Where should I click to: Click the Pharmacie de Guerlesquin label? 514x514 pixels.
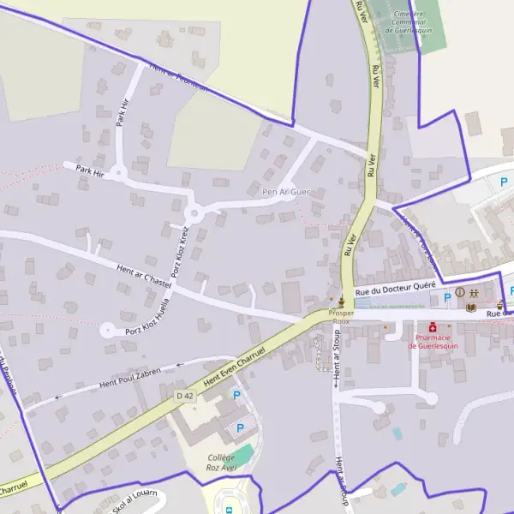[x=435, y=341]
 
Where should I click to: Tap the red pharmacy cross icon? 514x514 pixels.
[x=433, y=327]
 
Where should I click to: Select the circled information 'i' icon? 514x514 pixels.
[x=460, y=292]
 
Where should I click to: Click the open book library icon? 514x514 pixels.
[x=470, y=308]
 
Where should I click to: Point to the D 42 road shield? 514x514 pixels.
[x=185, y=395]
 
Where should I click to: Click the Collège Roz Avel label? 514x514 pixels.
[x=221, y=463]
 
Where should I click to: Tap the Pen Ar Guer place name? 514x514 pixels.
[x=285, y=192]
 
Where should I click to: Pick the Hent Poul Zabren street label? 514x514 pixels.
[x=130, y=377]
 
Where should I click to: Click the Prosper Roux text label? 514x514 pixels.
[x=340, y=318]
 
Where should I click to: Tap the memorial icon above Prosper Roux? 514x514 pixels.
[x=341, y=302]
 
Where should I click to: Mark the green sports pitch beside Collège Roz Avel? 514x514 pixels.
[x=242, y=454]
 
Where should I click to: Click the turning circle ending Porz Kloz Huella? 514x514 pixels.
[x=107, y=329]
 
